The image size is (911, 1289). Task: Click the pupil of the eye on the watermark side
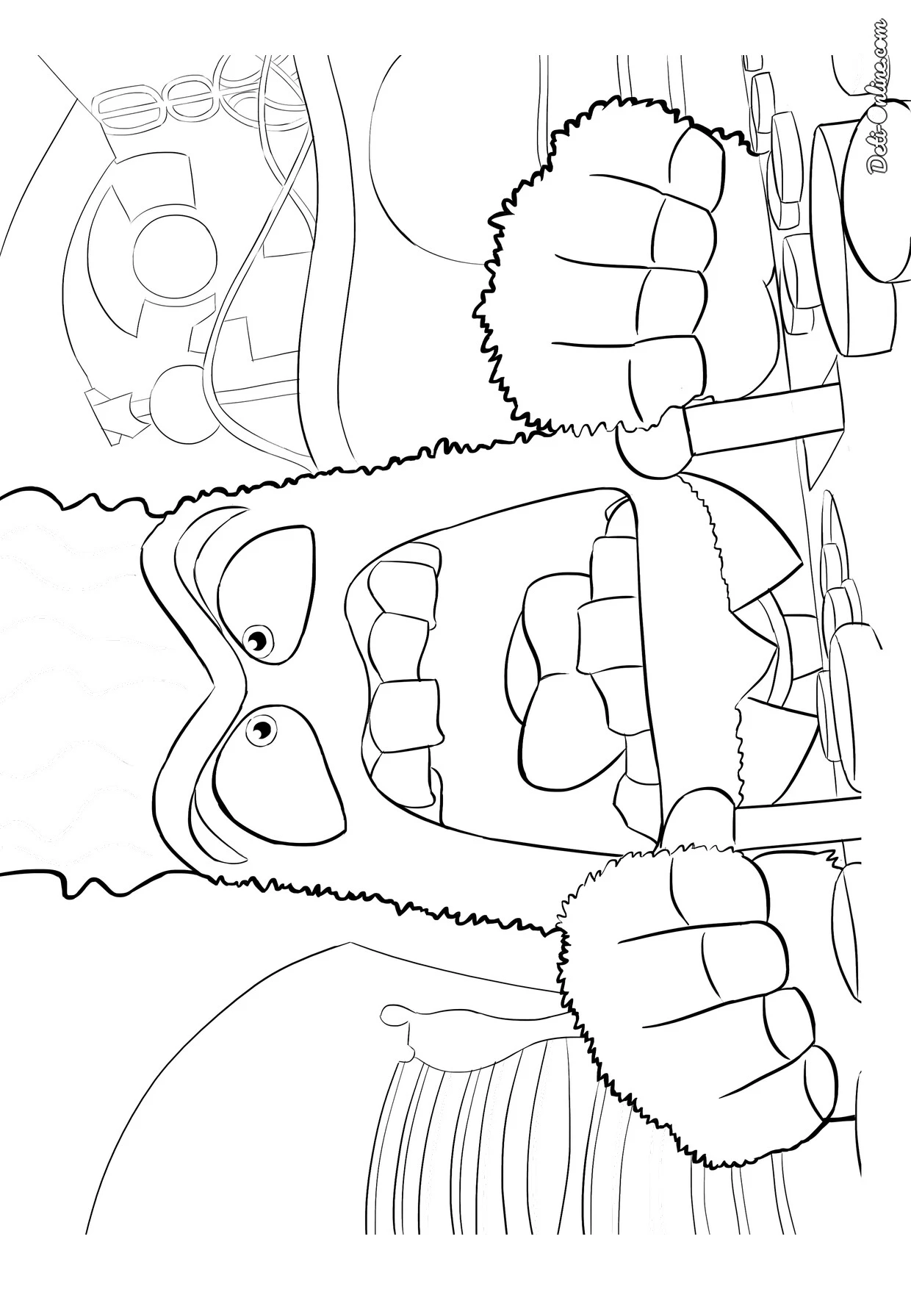pos(257,641)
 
